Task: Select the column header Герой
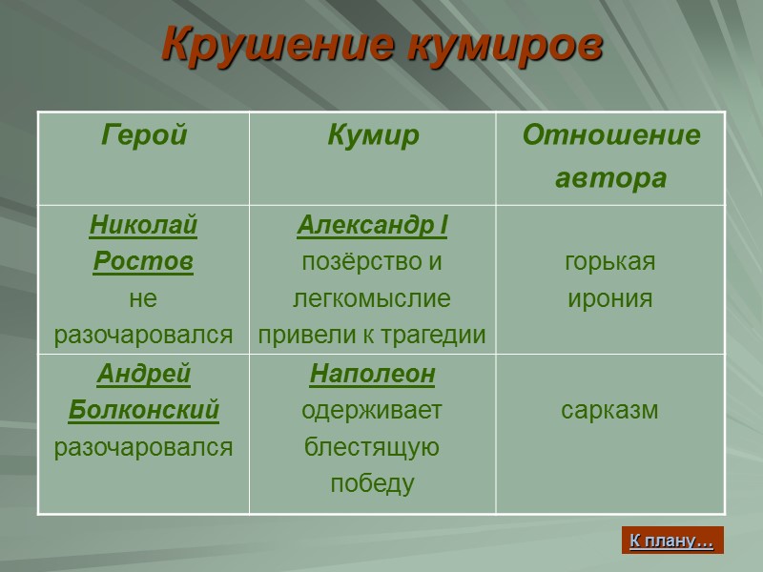pyautogui.click(x=143, y=135)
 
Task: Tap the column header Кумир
pyautogui.click(x=373, y=135)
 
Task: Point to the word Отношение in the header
pyautogui.click(x=610, y=135)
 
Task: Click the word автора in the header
pyautogui.click(x=610, y=178)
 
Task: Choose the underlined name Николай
pyautogui.click(x=143, y=226)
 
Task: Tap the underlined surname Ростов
pyautogui.click(x=143, y=262)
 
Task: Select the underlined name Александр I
pyautogui.click(x=372, y=226)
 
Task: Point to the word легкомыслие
pyautogui.click(x=372, y=298)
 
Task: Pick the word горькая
pyautogui.click(x=610, y=262)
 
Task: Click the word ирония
pyautogui.click(x=610, y=298)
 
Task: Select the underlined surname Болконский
pyautogui.click(x=143, y=411)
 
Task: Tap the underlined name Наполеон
pyautogui.click(x=372, y=375)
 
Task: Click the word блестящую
pyautogui.click(x=372, y=447)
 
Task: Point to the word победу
pyautogui.click(x=372, y=483)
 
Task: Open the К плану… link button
pyautogui.click(x=671, y=541)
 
